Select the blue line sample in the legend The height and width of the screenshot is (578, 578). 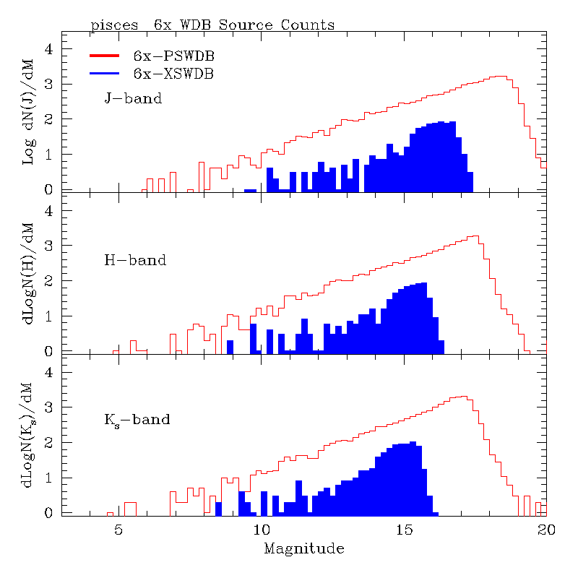click(x=108, y=73)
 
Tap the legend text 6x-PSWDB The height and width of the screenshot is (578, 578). click(x=173, y=56)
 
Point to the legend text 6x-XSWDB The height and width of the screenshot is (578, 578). click(x=173, y=73)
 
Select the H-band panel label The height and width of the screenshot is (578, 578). click(x=135, y=260)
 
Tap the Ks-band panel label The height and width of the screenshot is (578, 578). click(x=137, y=420)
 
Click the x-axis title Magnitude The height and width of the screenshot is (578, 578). click(x=303, y=549)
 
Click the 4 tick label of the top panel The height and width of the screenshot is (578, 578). click(x=49, y=49)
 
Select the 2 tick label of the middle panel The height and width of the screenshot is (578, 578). click(x=49, y=281)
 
